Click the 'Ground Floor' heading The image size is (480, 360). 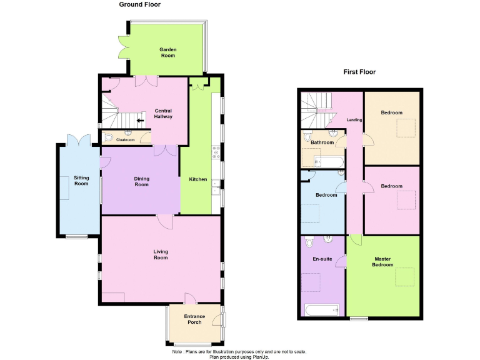click(140, 4)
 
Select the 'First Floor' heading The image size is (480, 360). click(359, 72)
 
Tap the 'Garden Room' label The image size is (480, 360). click(167, 52)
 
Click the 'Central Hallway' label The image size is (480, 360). click(163, 114)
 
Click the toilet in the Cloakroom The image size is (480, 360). click(109, 138)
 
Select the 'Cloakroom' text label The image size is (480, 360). click(126, 140)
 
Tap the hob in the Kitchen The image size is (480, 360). click(216, 150)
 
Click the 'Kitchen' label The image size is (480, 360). click(198, 179)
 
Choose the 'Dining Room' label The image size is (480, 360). click(141, 181)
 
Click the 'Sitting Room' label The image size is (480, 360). click(81, 181)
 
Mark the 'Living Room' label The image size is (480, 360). click(161, 254)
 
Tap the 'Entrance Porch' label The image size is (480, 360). click(194, 320)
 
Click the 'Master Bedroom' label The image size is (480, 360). click(383, 261)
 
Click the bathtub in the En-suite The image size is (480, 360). click(321, 309)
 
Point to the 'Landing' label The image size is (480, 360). click(354, 120)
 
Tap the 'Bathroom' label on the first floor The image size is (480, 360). click(322, 142)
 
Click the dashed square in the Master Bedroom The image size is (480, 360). click(404, 276)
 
